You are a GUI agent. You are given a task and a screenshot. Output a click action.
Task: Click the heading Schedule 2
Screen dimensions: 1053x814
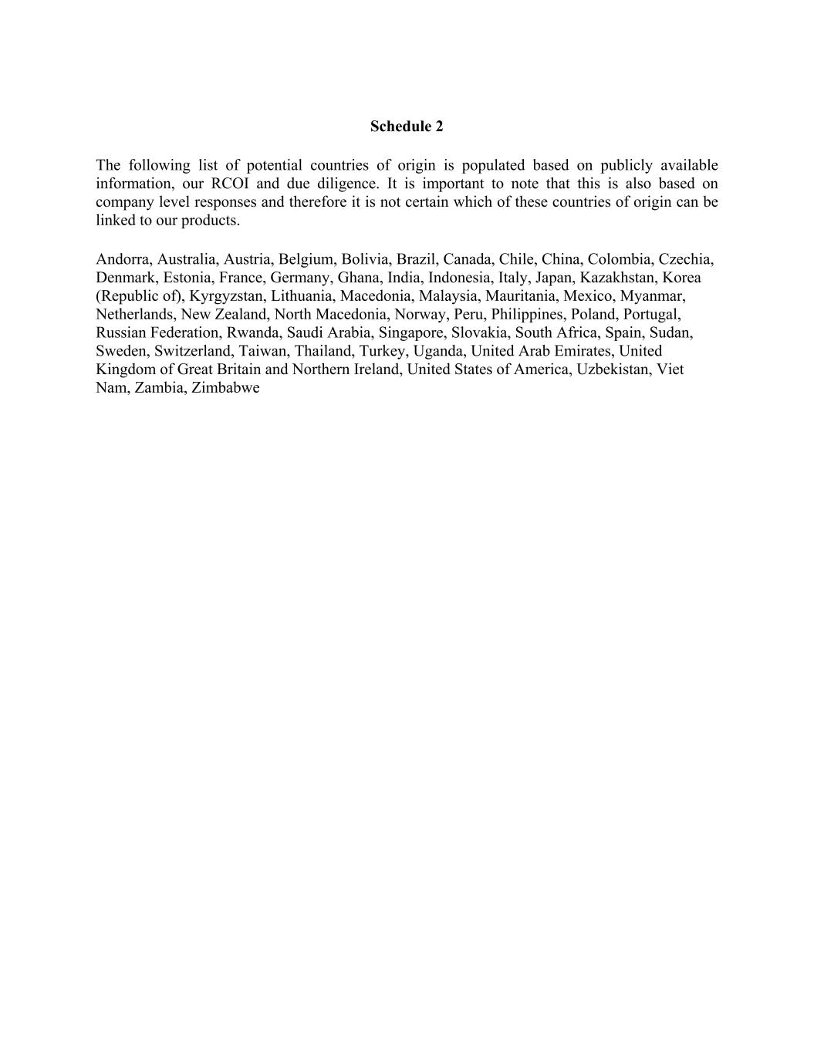pyautogui.click(x=407, y=127)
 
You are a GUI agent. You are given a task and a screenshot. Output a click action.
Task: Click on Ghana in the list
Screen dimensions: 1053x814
pyautogui.click(x=356, y=278)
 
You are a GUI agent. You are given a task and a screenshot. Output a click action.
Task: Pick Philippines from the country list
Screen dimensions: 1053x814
pyautogui.click(x=527, y=315)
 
